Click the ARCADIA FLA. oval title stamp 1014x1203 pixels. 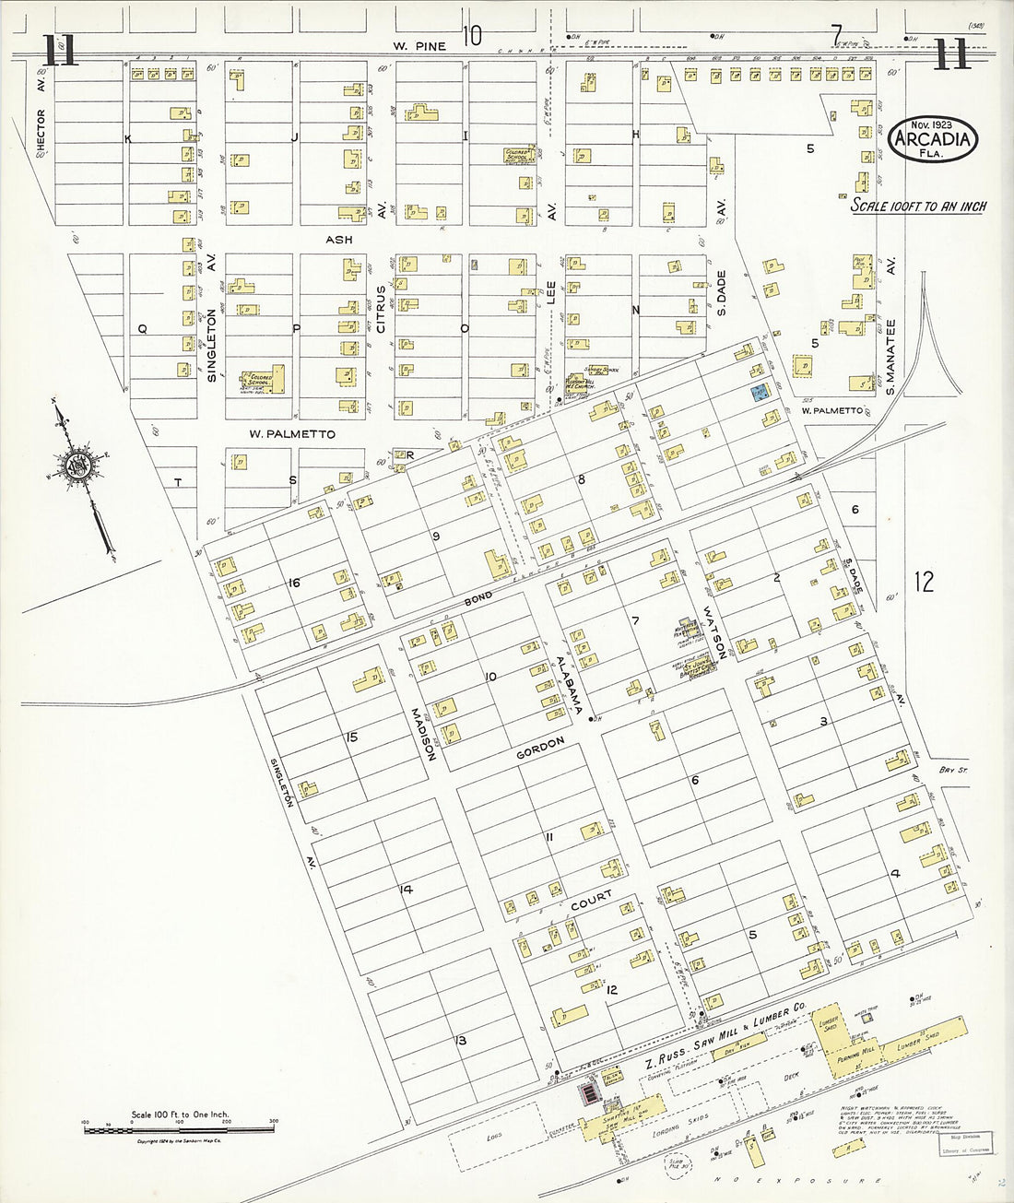(933, 139)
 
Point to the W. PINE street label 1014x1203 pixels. (419, 46)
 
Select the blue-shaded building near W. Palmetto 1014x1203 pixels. (760, 394)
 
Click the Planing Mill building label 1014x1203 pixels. (856, 1054)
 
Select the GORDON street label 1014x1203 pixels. (540, 749)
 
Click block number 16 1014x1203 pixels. (294, 582)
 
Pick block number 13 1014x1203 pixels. (461, 1040)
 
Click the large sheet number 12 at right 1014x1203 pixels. (924, 582)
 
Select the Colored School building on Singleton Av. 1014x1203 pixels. (263, 381)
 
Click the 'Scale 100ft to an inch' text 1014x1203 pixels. (917, 206)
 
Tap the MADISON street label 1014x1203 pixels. (423, 733)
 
